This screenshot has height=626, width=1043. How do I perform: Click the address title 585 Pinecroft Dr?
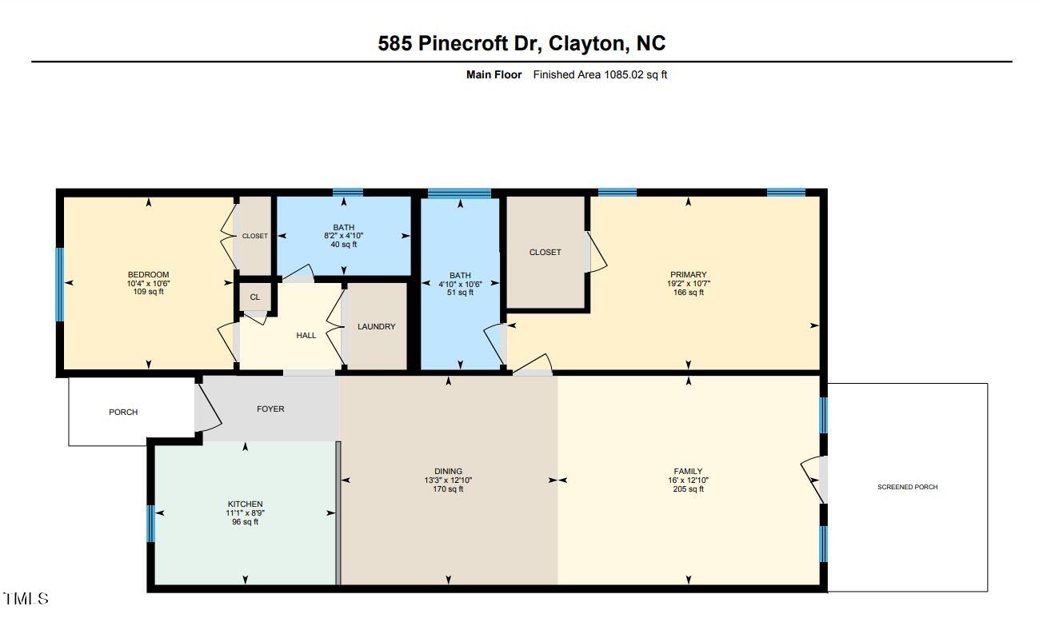[521, 43]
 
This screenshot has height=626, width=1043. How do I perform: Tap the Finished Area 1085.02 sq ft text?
[600, 75]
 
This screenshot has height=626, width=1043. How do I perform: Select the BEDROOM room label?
[148, 275]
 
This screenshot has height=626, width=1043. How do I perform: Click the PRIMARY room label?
[688, 275]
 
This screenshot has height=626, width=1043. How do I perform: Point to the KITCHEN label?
[245, 504]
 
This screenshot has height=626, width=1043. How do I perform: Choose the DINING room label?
[448, 472]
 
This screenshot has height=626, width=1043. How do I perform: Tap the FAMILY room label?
[688, 472]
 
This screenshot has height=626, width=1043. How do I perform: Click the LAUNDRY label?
[376, 327]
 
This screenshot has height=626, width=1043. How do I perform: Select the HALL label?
[306, 336]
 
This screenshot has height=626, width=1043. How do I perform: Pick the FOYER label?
[270, 409]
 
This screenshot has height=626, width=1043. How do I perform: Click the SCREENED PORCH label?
[907, 487]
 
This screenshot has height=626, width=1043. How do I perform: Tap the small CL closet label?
[254, 297]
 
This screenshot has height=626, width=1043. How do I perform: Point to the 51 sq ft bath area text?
[460, 293]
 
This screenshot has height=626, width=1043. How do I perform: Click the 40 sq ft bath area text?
[343, 245]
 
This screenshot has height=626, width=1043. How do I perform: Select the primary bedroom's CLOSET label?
[545, 253]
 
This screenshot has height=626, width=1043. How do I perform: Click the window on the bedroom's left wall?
[59, 285]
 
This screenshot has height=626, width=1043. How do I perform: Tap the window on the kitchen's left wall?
[150, 524]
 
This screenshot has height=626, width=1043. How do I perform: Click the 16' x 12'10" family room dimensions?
[688, 480]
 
